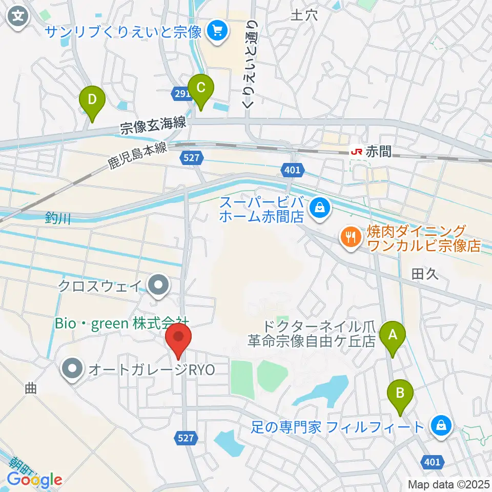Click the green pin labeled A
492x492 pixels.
[x=393, y=337]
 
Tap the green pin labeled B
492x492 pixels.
[x=401, y=394]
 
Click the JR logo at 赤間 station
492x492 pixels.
[x=357, y=152]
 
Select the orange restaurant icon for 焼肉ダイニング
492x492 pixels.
[x=350, y=237]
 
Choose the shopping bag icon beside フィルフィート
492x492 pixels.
[x=440, y=425]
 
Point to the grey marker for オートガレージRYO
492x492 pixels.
[x=72, y=369]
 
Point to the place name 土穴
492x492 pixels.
[x=304, y=15]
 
